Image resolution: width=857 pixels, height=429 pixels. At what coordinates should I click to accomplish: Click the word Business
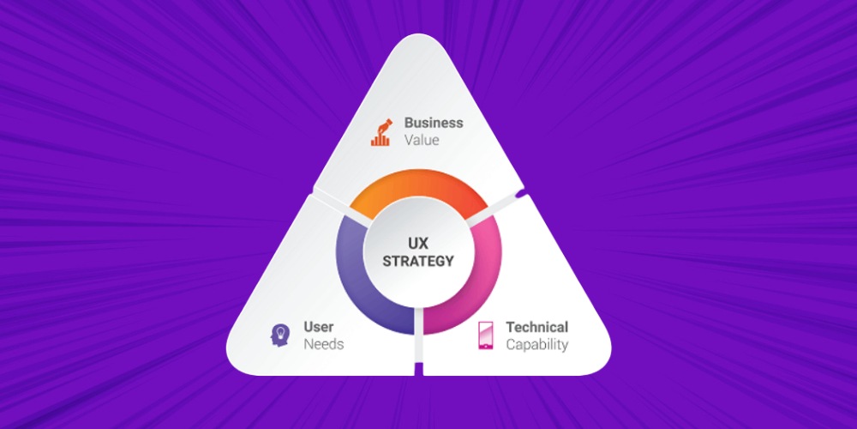(x=434, y=123)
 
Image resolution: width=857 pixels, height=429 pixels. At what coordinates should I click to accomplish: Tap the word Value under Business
(x=422, y=140)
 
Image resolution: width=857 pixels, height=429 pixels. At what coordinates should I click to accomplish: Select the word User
(x=319, y=327)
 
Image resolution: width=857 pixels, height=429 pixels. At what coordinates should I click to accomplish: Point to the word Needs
(x=323, y=344)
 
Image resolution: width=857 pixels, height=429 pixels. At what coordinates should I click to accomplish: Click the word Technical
(x=536, y=327)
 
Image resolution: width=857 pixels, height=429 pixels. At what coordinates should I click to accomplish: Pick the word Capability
(x=536, y=344)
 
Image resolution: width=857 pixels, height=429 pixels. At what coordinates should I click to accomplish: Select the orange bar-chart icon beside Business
(x=381, y=131)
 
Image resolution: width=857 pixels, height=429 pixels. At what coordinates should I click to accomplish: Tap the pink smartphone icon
(x=485, y=335)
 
